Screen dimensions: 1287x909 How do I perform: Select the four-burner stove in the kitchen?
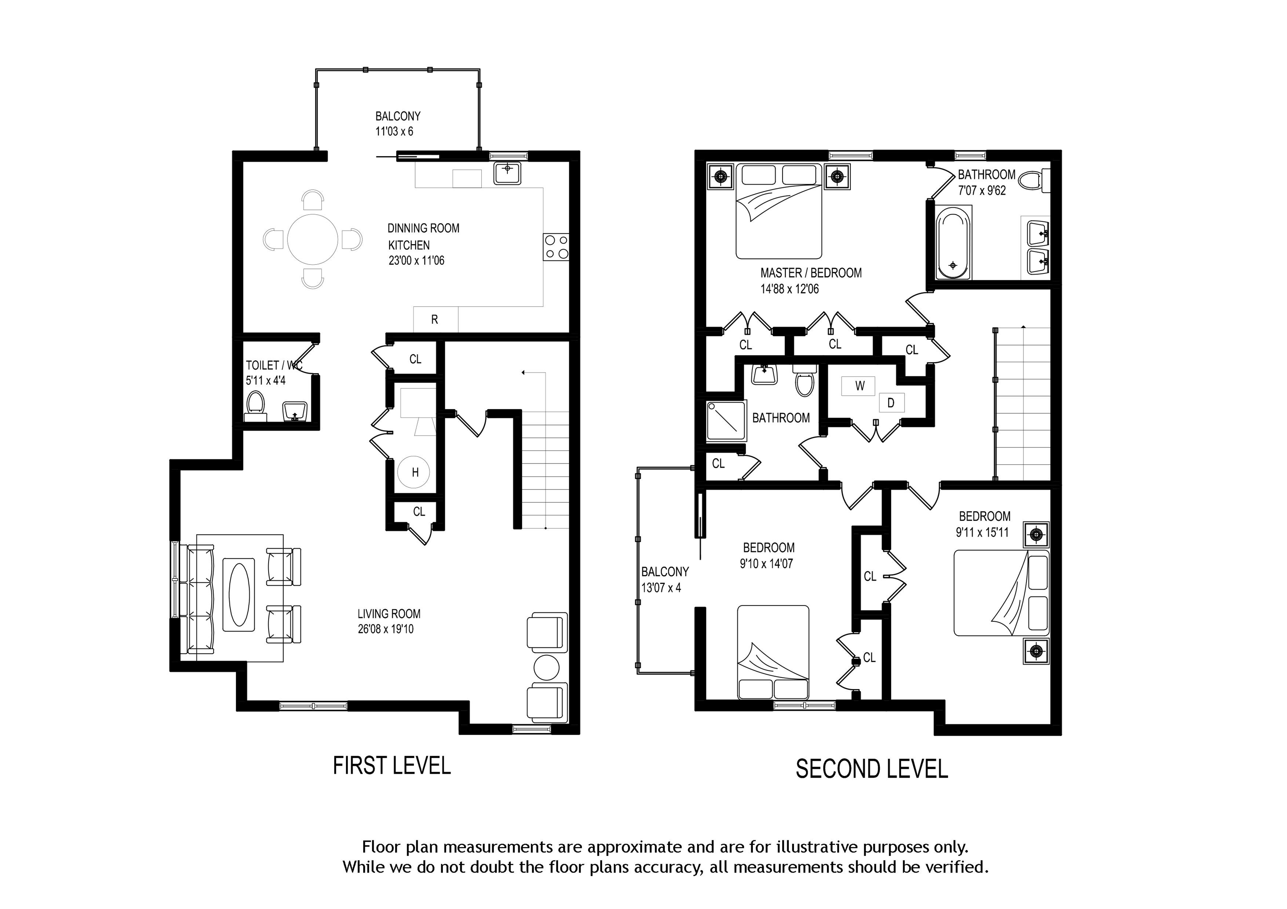[x=556, y=247]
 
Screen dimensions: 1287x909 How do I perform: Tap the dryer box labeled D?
[x=891, y=403]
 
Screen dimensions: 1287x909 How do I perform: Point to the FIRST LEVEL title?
[x=392, y=766]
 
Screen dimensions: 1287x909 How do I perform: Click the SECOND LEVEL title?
[x=872, y=769]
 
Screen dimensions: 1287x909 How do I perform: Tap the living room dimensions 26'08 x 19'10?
[x=386, y=629]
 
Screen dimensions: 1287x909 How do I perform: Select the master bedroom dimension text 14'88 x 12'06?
[x=789, y=289]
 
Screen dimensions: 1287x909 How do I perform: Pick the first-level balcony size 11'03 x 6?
[x=394, y=131]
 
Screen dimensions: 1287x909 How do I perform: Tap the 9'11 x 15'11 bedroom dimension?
[x=982, y=532]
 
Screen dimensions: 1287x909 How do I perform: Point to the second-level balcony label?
[x=665, y=572]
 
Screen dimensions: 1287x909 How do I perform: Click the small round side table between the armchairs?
[x=547, y=667]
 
